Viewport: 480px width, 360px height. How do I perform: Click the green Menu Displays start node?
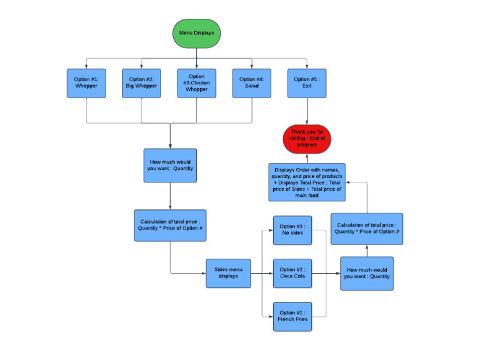[196, 33]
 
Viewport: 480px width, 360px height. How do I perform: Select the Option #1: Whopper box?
[86, 83]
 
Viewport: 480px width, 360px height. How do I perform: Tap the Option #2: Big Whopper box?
[141, 83]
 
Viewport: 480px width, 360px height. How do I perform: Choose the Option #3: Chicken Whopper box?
[196, 83]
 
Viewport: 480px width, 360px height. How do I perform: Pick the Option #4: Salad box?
[251, 83]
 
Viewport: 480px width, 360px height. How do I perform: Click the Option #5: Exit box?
[307, 83]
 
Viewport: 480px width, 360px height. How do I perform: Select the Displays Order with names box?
[307, 182]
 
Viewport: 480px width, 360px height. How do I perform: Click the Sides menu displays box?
[228, 273]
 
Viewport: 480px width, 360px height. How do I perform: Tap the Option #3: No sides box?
[291, 230]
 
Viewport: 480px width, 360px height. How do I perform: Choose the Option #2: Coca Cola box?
[291, 273]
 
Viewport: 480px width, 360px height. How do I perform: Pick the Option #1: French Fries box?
[291, 316]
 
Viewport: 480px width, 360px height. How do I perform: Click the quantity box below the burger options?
[170, 165]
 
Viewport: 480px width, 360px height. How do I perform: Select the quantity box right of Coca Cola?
[367, 273]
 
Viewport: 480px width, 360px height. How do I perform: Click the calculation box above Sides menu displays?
[170, 225]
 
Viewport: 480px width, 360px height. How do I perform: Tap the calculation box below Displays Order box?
[367, 228]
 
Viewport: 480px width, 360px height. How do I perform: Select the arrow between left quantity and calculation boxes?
[170, 196]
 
